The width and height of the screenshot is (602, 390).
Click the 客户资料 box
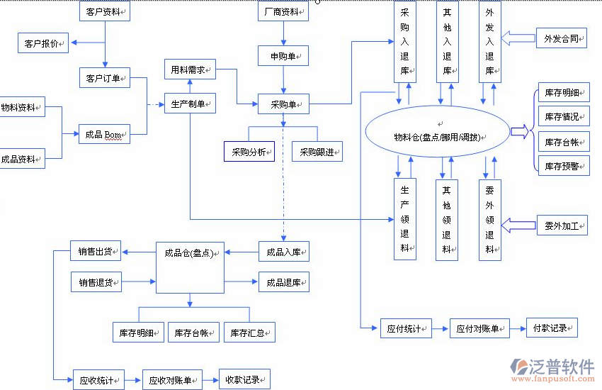coord(104,12)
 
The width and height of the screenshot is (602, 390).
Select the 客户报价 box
coord(42,43)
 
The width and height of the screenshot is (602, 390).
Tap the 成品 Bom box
coord(104,133)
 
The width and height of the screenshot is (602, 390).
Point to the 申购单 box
coord(283,55)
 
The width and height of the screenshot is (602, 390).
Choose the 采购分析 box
coord(249,151)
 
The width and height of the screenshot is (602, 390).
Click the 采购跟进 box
coord(317,151)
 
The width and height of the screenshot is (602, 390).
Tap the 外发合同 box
coord(561,38)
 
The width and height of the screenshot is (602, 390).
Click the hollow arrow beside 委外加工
coord(518,225)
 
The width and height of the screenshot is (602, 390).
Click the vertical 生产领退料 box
coord(404,218)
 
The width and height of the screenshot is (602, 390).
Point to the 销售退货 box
coord(96,282)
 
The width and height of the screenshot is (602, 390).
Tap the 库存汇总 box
coord(249,332)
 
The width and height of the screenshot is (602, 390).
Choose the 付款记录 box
coord(551,328)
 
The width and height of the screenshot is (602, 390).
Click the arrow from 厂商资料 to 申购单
coord(283,33)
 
